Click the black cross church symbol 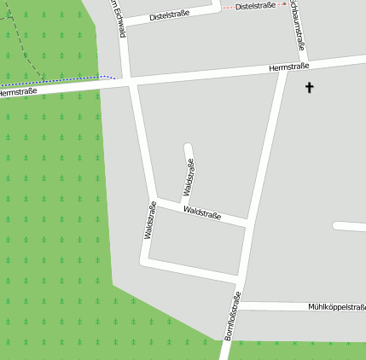[x=309, y=87]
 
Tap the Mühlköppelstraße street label [x=337, y=306]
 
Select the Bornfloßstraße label [x=233, y=316]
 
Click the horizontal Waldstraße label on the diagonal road [x=202, y=212]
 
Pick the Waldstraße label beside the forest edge [x=149, y=220]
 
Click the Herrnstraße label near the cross [x=288, y=66]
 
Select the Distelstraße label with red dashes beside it [x=255, y=5]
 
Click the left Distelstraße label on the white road [x=169, y=15]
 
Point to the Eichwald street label [x=121, y=19]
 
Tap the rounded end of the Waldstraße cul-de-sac [x=189, y=147]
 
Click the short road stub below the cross [x=348, y=226]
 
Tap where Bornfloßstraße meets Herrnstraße [x=283, y=70]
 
